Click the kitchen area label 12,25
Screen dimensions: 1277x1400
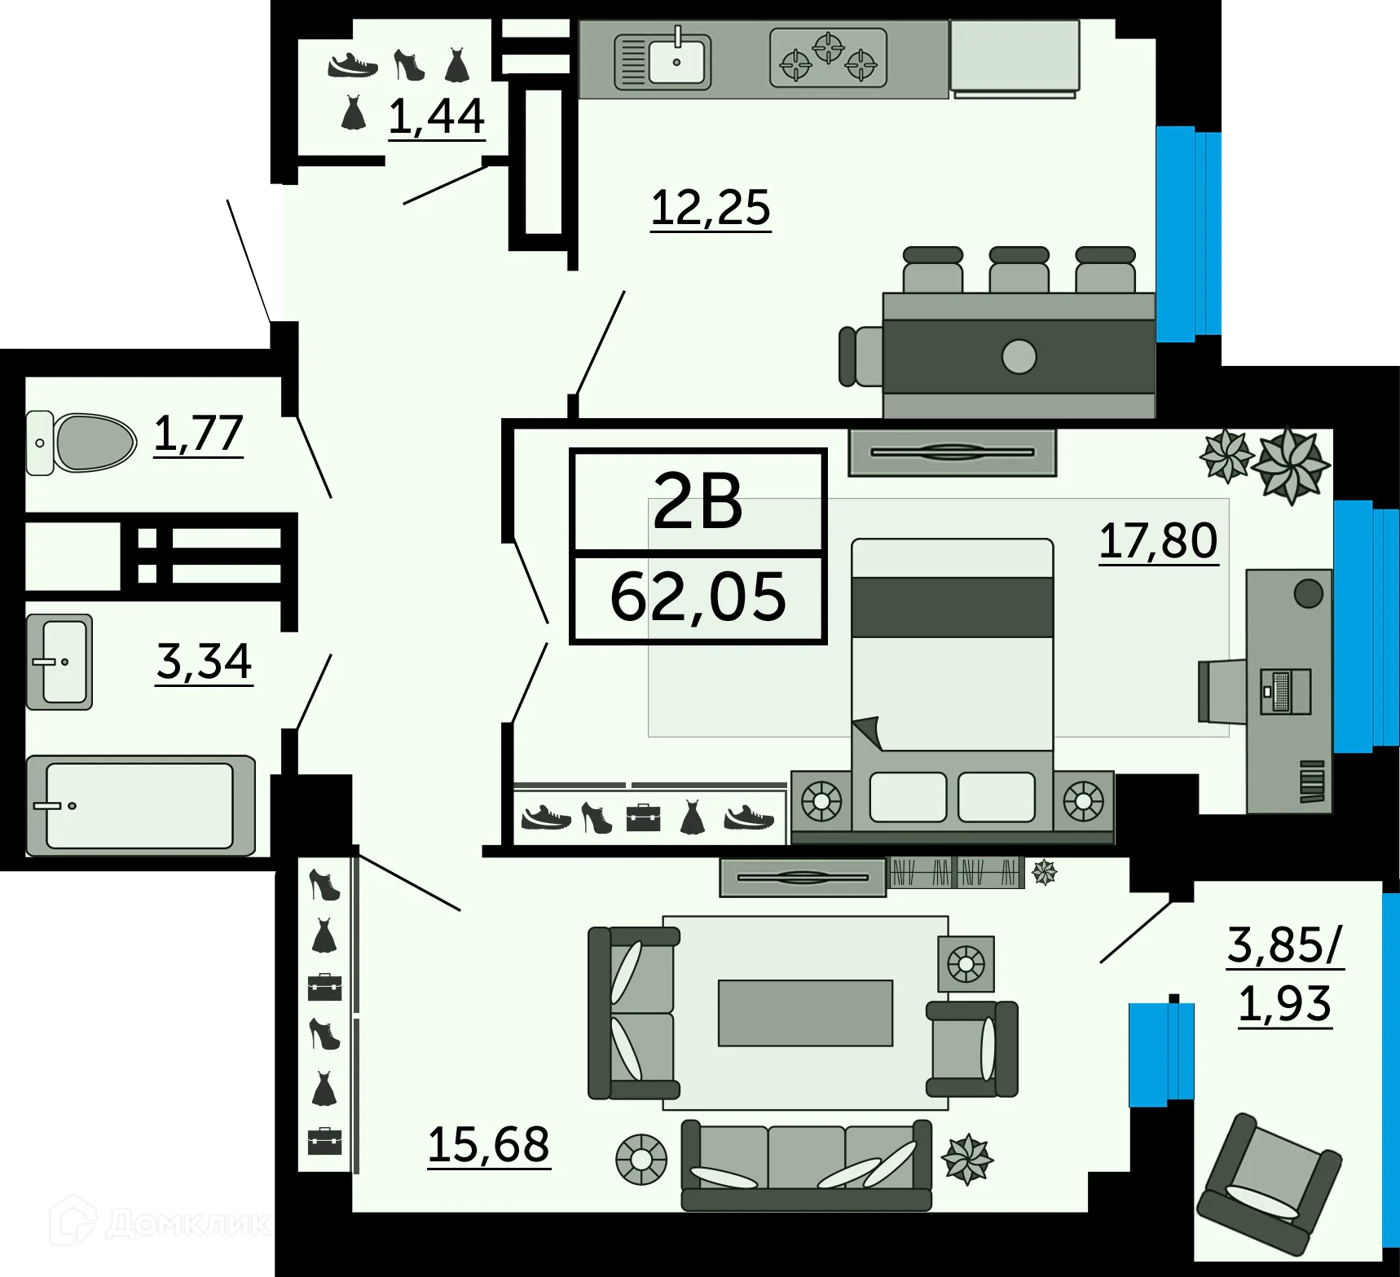(x=710, y=208)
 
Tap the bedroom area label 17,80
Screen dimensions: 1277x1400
(x=1158, y=540)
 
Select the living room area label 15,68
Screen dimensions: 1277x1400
(x=488, y=1144)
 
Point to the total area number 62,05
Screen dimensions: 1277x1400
(x=698, y=597)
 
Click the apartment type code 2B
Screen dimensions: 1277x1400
(x=698, y=501)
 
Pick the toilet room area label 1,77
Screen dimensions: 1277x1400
(x=198, y=433)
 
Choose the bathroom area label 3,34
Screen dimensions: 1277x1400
(x=204, y=661)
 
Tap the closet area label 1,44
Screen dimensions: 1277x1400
(x=436, y=116)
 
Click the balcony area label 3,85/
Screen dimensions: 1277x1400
(x=1284, y=945)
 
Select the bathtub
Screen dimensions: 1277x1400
(x=140, y=805)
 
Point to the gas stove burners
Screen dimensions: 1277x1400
(x=828, y=58)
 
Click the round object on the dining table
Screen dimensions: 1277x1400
(x=1019, y=356)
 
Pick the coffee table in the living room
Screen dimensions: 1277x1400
(x=805, y=1012)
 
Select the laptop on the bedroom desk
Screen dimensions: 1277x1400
(x=1285, y=691)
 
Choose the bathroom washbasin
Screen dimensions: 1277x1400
(x=59, y=662)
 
